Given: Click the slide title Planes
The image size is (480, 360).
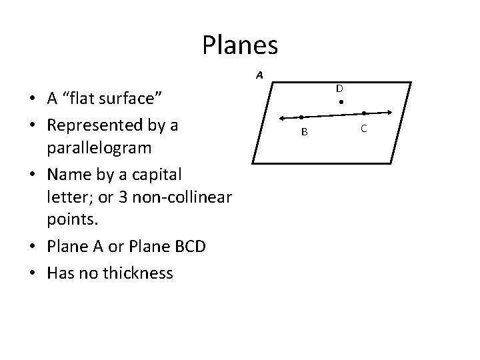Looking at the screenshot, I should [x=240, y=45].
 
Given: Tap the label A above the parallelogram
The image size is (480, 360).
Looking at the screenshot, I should [x=259, y=75].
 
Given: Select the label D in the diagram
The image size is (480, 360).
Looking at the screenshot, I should [x=339, y=88].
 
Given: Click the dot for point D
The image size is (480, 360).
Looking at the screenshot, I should [x=340, y=103].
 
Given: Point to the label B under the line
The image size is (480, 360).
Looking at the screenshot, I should [x=304, y=132].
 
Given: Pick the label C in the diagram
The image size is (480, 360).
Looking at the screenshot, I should [x=363, y=127].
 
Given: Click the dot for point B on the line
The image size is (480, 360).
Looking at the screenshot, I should [x=301, y=117].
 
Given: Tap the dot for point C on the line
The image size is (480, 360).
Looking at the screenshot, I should [x=364, y=113].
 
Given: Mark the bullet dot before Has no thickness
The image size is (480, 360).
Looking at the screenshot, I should [x=33, y=273].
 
